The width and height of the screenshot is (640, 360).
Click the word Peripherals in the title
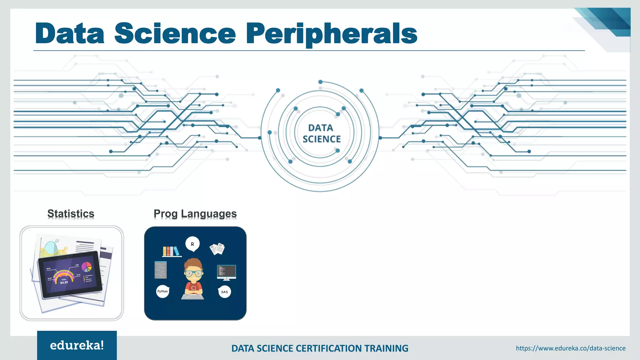coord(332,34)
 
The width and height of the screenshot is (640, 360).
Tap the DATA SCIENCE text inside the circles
coord(321,133)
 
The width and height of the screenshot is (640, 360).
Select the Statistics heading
coord(71,214)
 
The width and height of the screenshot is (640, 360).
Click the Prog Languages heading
coord(195,214)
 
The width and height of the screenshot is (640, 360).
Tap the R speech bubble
coord(192,244)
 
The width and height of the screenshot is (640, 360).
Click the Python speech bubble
coord(162,292)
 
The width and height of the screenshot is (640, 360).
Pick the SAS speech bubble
coord(224,292)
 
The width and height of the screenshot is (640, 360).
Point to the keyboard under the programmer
coord(192,296)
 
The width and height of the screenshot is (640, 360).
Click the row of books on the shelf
coord(171,251)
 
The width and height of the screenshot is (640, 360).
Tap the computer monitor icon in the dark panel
coord(226,272)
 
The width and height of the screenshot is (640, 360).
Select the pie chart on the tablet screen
coord(87,267)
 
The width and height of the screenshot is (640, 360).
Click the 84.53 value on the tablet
coord(64,282)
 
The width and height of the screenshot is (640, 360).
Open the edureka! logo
coord(77,345)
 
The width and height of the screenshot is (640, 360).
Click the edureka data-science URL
coord(571,348)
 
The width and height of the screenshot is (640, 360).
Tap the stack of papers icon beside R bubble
coord(217,249)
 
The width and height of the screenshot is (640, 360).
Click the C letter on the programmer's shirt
coord(193,288)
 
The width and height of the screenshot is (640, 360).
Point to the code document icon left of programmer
coord(161,270)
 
